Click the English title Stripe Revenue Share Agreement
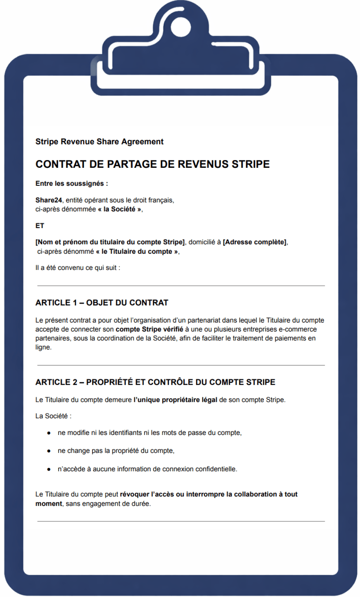[x=99, y=142]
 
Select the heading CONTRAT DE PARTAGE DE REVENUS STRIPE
[x=152, y=164]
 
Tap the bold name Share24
[x=48, y=200]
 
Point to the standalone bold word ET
[x=40, y=226]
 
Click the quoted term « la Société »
[x=120, y=209]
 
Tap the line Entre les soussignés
[x=71, y=184]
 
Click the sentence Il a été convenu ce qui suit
[x=77, y=268]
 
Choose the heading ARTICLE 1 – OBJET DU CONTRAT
[x=102, y=303]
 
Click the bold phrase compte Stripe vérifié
[x=149, y=329]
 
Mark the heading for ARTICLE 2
[x=155, y=382]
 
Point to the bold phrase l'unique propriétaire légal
[x=175, y=400]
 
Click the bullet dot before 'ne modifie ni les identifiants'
[x=49, y=433]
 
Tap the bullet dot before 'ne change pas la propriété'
[x=49, y=451]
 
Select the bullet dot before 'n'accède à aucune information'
[x=49, y=469]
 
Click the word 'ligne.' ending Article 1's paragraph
[x=44, y=347]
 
